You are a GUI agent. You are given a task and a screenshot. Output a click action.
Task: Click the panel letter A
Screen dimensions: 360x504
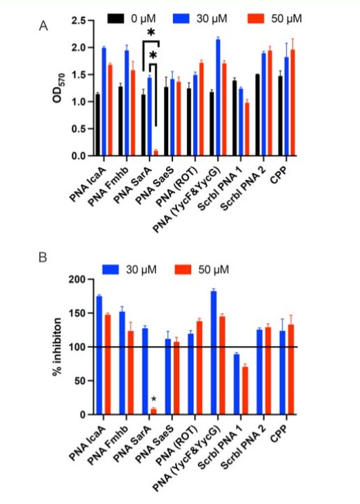pyautogui.click(x=43, y=26)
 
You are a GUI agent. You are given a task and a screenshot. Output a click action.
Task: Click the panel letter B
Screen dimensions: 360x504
pyautogui.click(x=43, y=257)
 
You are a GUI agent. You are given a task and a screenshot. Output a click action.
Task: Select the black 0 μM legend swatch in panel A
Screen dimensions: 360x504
pyautogui.click(x=116, y=19)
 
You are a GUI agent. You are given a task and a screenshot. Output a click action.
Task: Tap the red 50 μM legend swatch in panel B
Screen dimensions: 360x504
pyautogui.click(x=183, y=270)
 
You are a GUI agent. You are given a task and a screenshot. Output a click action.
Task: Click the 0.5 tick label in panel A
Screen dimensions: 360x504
pyautogui.click(x=78, y=129)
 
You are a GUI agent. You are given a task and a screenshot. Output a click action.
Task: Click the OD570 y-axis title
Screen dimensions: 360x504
pyautogui.click(x=59, y=88)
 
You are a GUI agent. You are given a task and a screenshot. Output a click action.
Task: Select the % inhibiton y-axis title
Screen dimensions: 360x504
pyautogui.click(x=57, y=347)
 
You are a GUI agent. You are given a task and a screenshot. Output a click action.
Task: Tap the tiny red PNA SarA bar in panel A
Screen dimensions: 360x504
pyautogui.click(x=156, y=152)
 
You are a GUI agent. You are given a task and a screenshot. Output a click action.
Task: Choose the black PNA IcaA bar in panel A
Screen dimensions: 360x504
pyautogui.click(x=98, y=125)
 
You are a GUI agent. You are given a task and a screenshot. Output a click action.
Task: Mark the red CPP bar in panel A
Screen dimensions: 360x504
pyautogui.click(x=292, y=103)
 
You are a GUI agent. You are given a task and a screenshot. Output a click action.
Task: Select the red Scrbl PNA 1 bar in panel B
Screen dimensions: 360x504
pyautogui.click(x=245, y=390)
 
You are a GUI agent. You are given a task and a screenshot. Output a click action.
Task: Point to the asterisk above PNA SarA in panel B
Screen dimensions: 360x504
pyautogui.click(x=154, y=400)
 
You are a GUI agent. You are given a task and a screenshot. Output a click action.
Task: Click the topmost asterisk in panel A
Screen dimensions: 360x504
pyautogui.click(x=151, y=33)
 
